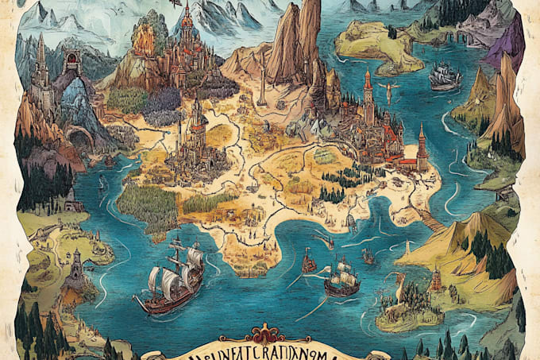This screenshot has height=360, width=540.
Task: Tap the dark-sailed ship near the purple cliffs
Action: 445,77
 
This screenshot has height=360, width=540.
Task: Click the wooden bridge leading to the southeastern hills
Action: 433,222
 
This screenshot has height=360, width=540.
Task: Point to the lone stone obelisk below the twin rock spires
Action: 262,91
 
